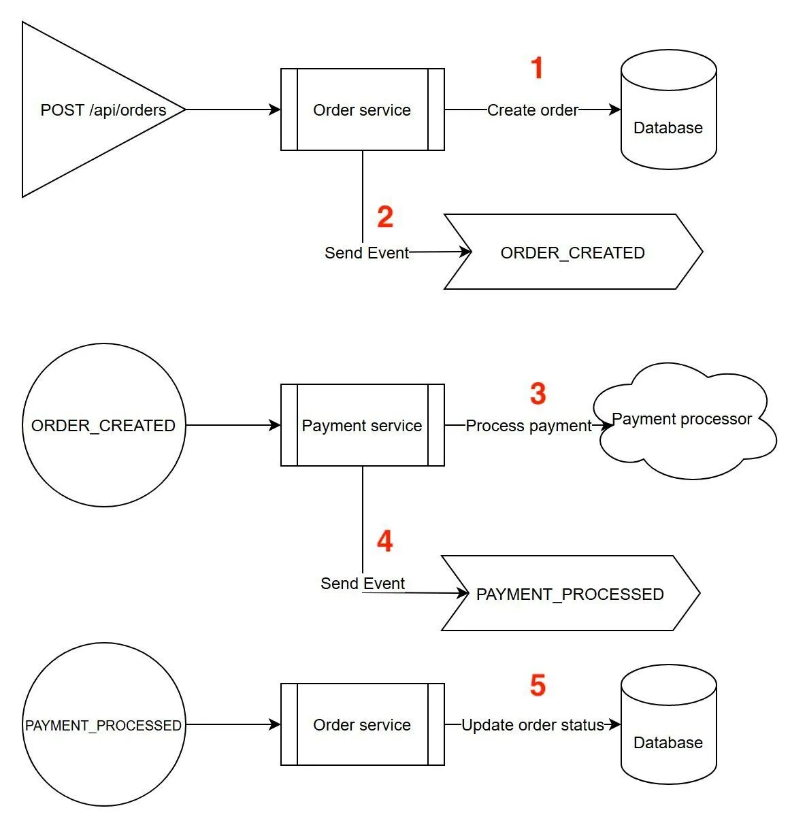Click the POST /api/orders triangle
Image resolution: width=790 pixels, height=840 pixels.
coord(88,110)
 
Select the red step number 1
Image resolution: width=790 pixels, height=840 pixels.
coord(537,69)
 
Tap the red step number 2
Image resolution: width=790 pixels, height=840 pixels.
coord(385,217)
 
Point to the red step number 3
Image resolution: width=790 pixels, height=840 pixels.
coord(538,394)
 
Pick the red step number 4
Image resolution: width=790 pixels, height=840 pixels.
coord(384,541)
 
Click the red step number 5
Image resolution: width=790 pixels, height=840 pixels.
coord(538,686)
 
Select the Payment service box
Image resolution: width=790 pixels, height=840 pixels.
coord(362,425)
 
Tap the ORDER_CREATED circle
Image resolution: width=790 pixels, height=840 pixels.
coord(103,425)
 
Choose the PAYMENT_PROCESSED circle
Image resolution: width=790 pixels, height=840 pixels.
coord(103,724)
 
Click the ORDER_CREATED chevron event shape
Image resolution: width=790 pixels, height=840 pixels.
coord(572,252)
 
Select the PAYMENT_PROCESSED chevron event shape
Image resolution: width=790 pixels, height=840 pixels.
coord(570,594)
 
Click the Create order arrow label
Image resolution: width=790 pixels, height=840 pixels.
coord(533,110)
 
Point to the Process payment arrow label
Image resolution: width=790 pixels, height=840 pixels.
coord(529,426)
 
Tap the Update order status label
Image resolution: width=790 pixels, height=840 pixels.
coord(533,725)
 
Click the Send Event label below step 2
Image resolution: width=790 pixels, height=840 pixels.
coord(367,253)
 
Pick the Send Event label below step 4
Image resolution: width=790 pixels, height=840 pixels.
coord(363,584)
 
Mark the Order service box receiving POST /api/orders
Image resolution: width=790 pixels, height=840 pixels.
coord(362,110)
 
